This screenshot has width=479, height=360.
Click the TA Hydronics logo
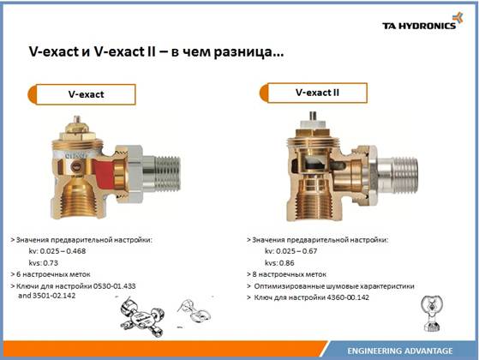point(422,21)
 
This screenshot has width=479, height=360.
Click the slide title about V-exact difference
point(156,51)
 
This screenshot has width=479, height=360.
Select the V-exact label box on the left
point(82,94)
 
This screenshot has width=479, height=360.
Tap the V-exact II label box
point(314,93)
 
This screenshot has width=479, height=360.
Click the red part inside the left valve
point(103,171)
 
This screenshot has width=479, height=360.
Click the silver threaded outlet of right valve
point(398,176)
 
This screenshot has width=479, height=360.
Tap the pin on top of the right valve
point(313,116)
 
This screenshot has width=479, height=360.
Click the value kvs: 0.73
point(44,263)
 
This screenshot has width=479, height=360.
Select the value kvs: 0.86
point(279,263)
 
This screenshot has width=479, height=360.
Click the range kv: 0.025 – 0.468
point(57,251)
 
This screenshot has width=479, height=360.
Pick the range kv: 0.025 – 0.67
point(291,251)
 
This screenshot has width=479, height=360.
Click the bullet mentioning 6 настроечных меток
point(51,274)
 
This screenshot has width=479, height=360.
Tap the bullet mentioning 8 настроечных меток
point(286,274)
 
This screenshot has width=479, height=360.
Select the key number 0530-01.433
point(114,286)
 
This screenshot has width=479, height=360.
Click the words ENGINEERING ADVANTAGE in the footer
point(400,351)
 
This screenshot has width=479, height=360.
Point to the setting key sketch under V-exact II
point(432,314)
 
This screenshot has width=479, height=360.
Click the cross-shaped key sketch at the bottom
point(142,316)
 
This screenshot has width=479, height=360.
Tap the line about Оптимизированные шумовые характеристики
point(334,286)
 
